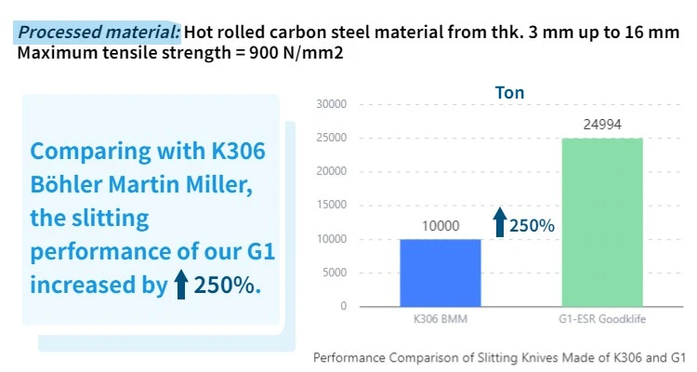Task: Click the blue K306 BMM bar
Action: tap(441, 272)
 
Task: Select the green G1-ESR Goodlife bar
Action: tap(601, 222)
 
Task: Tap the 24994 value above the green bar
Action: tap(601, 124)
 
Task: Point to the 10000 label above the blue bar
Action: tap(441, 225)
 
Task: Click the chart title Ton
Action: tap(509, 93)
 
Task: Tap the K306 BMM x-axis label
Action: tap(441, 320)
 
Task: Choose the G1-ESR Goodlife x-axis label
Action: tap(601, 320)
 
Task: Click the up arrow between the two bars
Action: tap(499, 223)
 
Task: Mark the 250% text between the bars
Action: tap(532, 224)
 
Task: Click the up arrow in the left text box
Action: tap(182, 285)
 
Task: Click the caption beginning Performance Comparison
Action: tap(499, 356)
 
